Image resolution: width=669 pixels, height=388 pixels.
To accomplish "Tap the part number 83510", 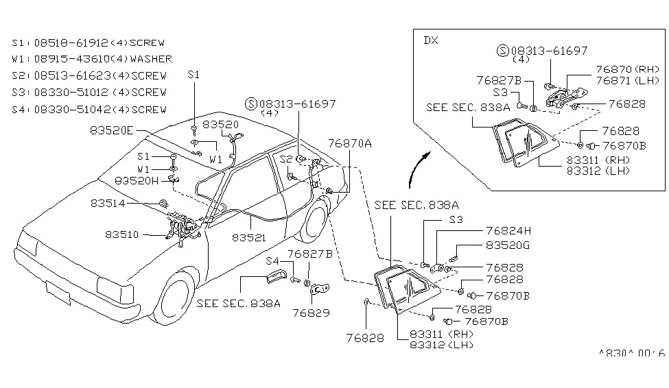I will [122, 234].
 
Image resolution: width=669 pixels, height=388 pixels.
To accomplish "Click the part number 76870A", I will [350, 143].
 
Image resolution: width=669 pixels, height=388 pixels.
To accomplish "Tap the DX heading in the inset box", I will [430, 40].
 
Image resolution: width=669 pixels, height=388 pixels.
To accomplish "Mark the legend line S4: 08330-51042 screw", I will [89, 109].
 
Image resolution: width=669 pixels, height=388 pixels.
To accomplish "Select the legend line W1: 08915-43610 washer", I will [92, 59].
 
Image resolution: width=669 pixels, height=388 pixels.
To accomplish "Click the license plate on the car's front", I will [58, 293].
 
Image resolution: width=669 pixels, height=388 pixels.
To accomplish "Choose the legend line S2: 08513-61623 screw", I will [89, 75].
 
